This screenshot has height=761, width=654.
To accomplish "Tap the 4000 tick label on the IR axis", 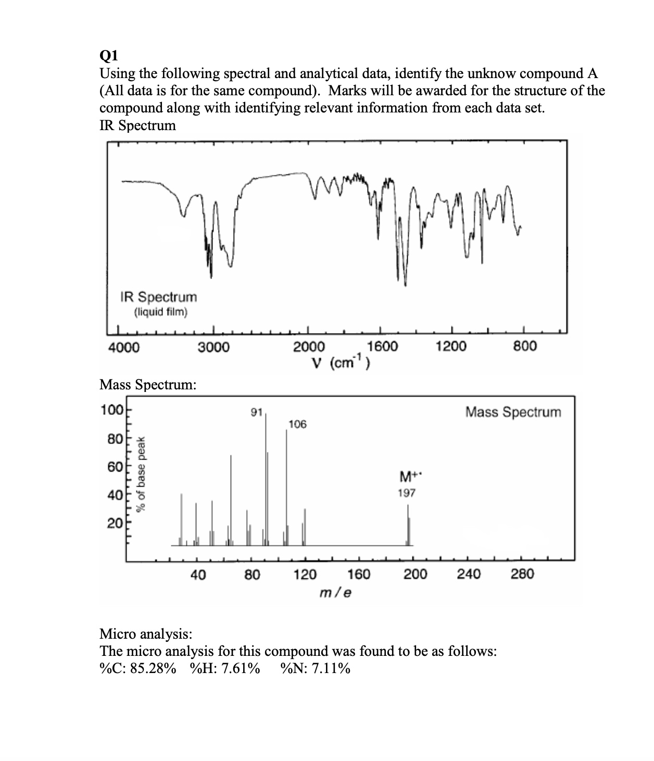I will pyautogui.click(x=123, y=347).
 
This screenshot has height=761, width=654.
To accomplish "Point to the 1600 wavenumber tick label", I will pyautogui.click(x=383, y=346).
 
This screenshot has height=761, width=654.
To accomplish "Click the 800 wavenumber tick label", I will pyautogui.click(x=524, y=346).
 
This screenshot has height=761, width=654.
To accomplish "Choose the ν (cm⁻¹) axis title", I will pyautogui.click(x=341, y=362).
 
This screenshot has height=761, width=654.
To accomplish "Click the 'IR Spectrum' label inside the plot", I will pyautogui.click(x=159, y=297).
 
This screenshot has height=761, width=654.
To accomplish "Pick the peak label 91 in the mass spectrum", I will pyautogui.click(x=256, y=413).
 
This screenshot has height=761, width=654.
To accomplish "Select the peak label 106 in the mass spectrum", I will pyautogui.click(x=297, y=424).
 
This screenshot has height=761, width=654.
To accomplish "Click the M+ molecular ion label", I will pyautogui.click(x=407, y=476).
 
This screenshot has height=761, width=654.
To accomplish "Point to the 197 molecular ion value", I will pyautogui.click(x=407, y=492).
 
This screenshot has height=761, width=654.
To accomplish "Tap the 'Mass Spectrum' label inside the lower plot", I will pyautogui.click(x=513, y=412).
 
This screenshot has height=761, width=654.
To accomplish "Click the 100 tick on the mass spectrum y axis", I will pyautogui.click(x=111, y=409).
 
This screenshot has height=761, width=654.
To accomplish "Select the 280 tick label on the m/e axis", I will pyautogui.click(x=522, y=575).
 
